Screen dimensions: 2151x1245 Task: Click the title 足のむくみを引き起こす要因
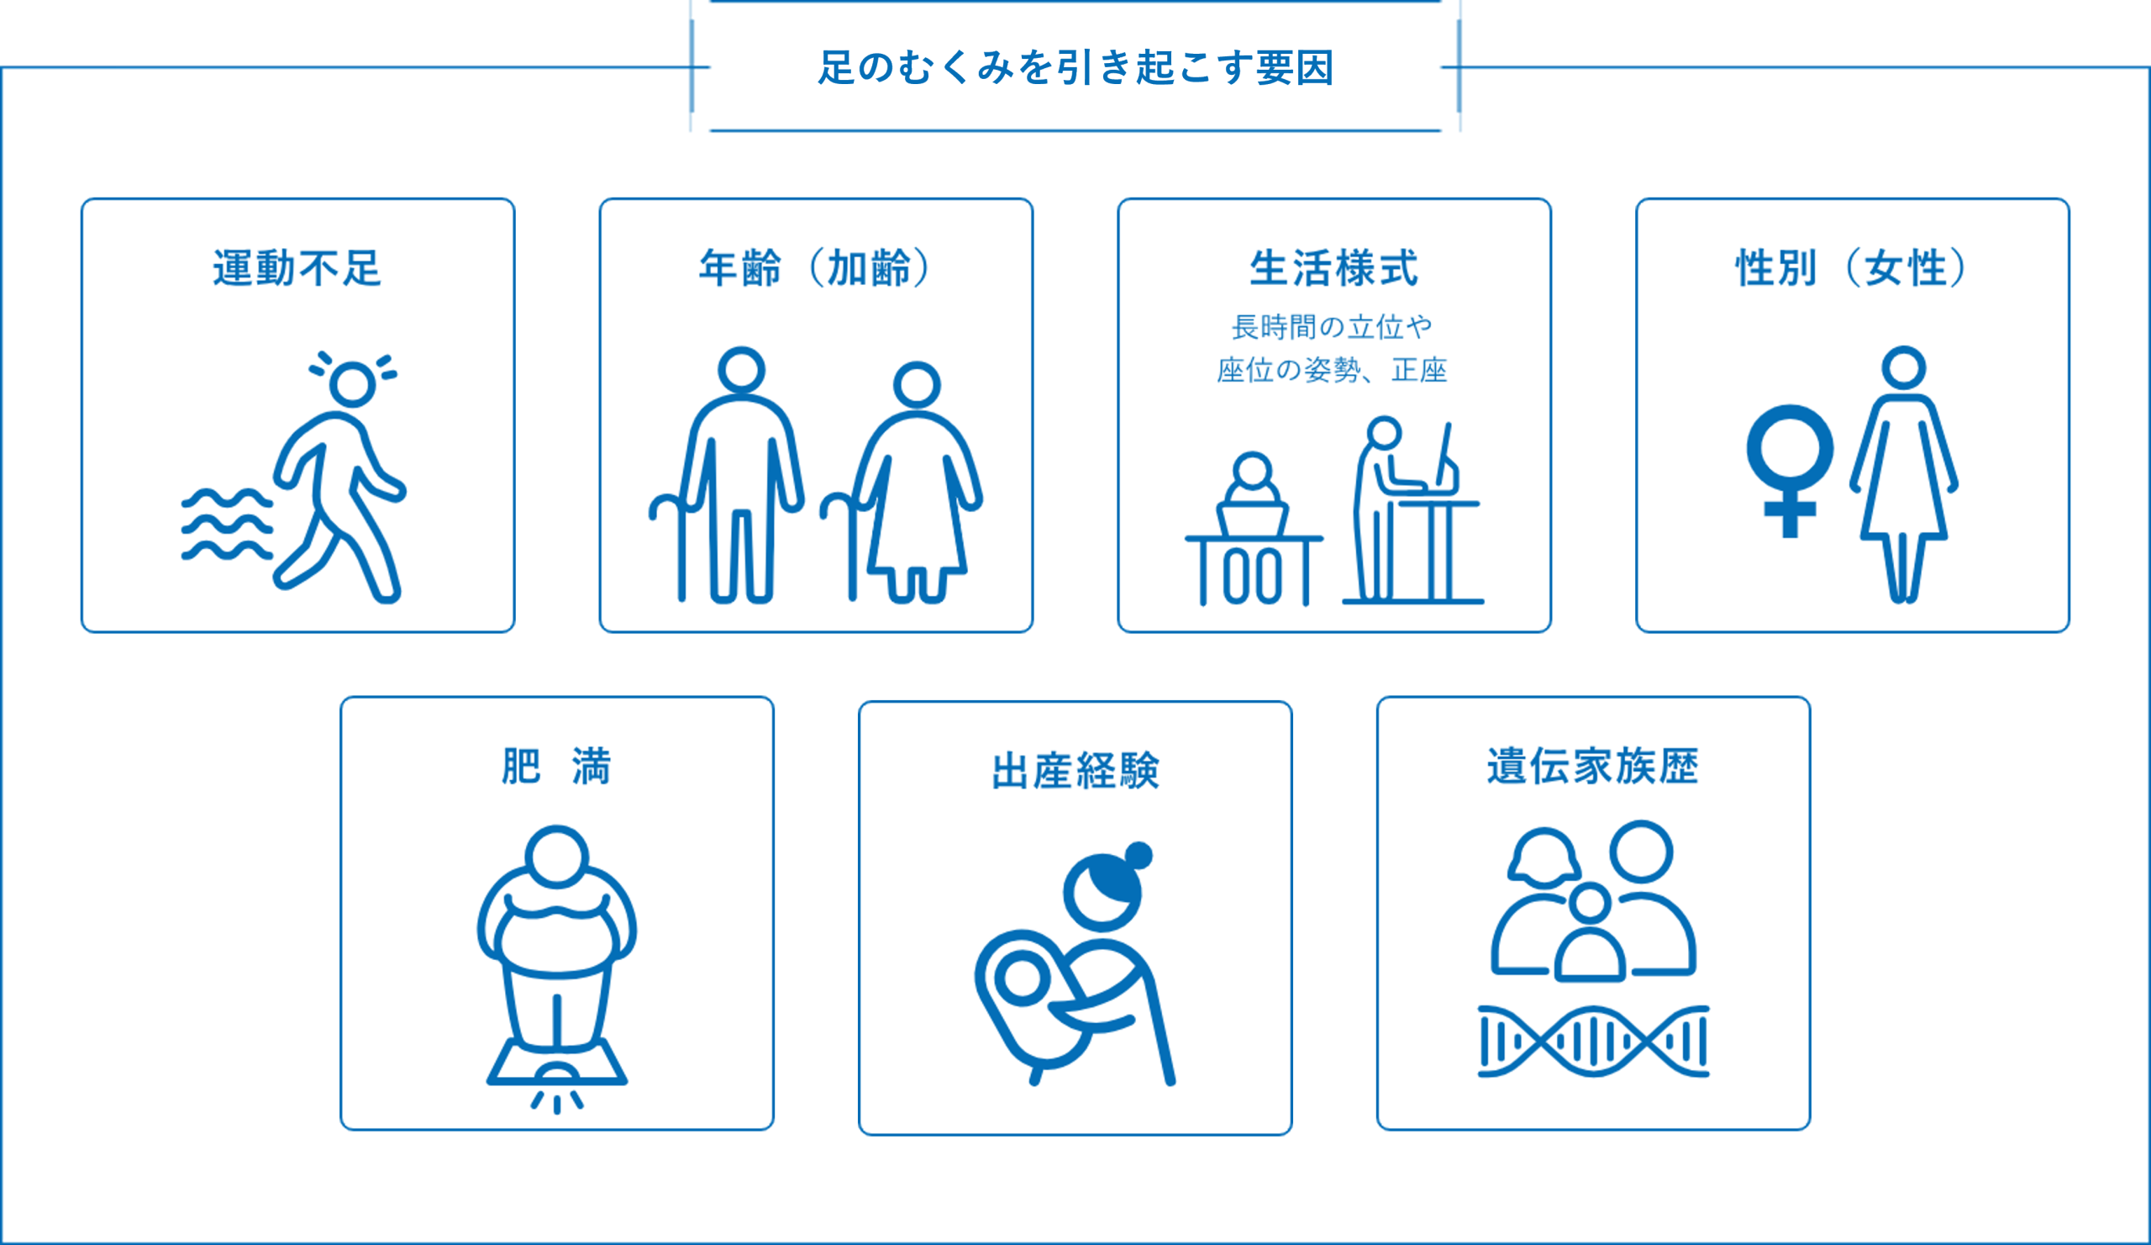click(x=1075, y=67)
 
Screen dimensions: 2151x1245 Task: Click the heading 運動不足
click(x=297, y=268)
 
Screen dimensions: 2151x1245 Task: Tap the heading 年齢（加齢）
click(x=815, y=268)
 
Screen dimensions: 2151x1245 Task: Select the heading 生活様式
click(x=1334, y=268)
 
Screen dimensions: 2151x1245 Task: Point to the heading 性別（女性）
click(x=1851, y=268)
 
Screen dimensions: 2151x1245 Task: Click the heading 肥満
click(x=556, y=766)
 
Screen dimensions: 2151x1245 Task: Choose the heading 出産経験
click(x=1075, y=771)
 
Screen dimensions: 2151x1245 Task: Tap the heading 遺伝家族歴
click(x=1593, y=766)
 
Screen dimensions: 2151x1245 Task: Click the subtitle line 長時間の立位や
click(x=1333, y=327)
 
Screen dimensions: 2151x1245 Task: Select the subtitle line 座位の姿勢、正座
click(x=1333, y=371)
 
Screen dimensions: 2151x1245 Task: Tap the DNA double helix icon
click(x=1594, y=1042)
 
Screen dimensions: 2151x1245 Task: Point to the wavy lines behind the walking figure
click(x=227, y=524)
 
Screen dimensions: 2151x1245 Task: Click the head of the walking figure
click(x=353, y=384)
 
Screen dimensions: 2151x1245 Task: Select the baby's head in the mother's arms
click(x=1022, y=978)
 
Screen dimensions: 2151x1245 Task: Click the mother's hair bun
click(x=1139, y=855)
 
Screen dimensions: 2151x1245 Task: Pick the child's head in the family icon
click(x=1590, y=904)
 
